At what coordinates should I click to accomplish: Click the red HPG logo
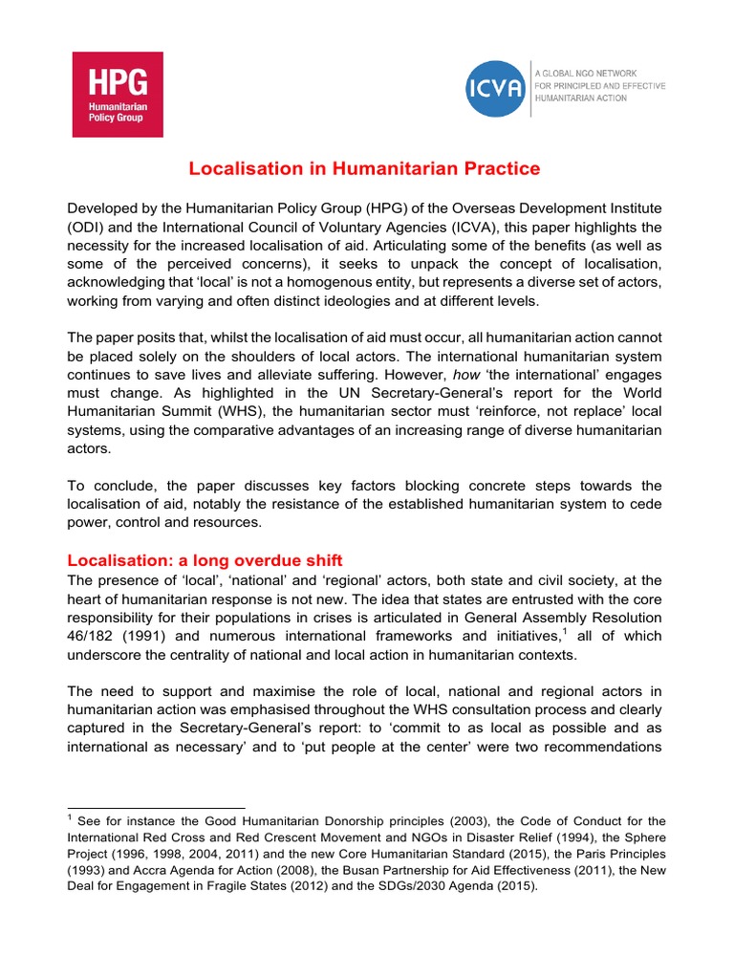[118, 94]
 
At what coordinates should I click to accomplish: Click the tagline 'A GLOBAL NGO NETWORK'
[586, 74]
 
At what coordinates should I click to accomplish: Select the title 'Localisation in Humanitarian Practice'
[364, 169]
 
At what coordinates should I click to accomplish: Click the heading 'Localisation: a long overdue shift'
[205, 560]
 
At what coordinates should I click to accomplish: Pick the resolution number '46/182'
[90, 636]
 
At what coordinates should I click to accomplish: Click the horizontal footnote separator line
[156, 808]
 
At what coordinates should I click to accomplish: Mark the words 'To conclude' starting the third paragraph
[103, 486]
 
